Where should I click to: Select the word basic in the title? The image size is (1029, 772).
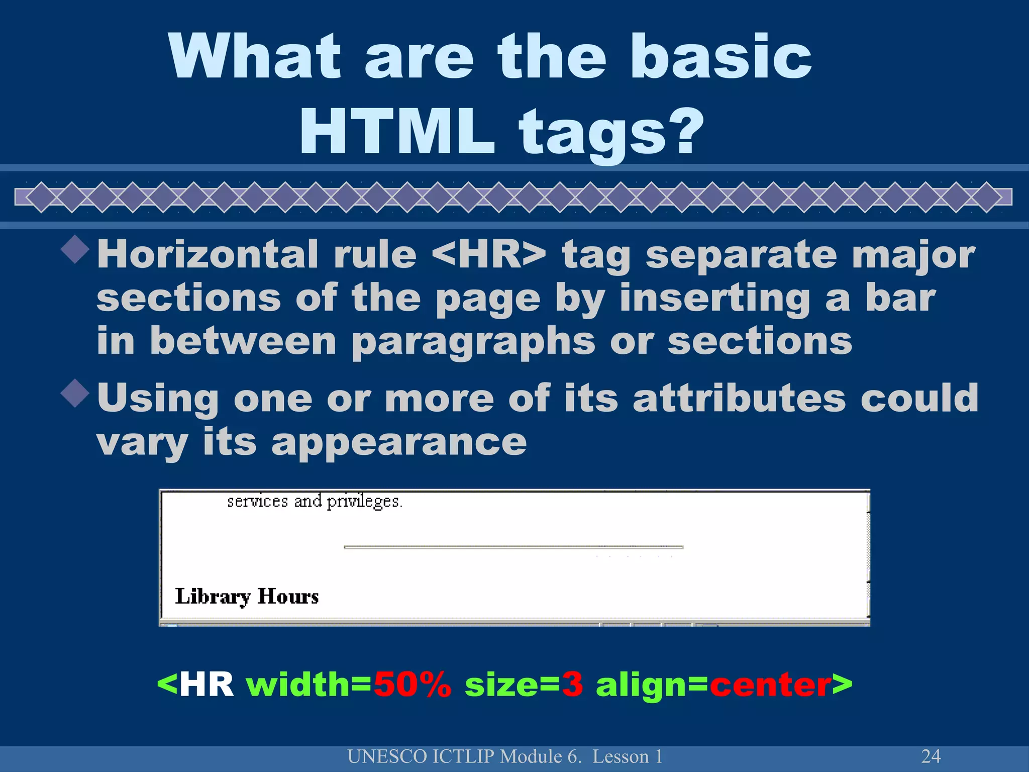(721, 56)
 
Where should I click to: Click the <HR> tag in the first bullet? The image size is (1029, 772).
(489, 254)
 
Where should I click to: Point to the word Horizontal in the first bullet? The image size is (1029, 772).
(208, 254)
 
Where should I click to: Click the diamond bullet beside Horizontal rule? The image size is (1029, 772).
(75, 249)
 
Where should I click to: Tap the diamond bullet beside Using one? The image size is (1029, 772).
(75, 393)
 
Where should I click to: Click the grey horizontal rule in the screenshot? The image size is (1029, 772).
(513, 547)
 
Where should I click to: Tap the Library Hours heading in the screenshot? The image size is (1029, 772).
(247, 597)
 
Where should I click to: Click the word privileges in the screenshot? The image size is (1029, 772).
(364, 502)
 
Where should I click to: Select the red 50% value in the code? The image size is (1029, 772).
(413, 685)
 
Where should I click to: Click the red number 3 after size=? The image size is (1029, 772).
(572, 685)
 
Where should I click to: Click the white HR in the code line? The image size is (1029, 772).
(207, 685)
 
